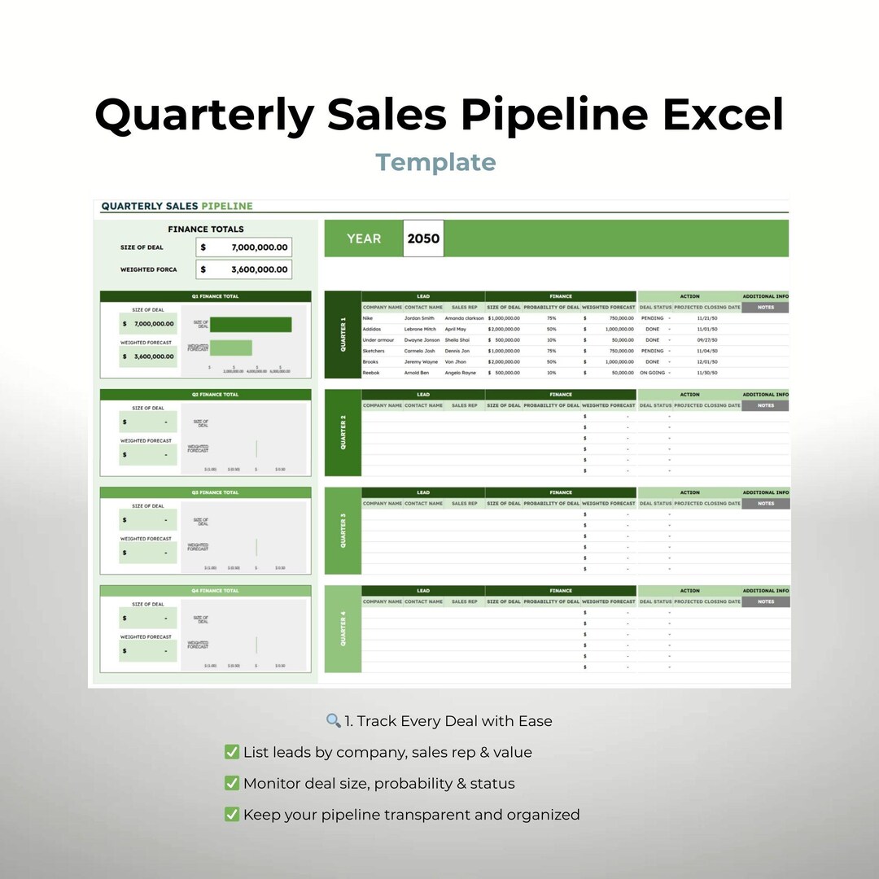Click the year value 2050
[423, 238]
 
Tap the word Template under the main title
[435, 162]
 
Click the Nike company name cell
[368, 318]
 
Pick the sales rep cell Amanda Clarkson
[464, 318]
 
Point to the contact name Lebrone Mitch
[420, 329]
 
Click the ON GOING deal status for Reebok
[652, 373]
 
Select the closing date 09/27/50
[706, 340]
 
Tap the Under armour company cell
[378, 340]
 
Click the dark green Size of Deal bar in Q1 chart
[251, 324]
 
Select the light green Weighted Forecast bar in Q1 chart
[231, 348]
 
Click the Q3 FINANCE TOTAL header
[215, 492]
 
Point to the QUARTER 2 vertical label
[343, 432]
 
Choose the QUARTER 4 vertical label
[343, 629]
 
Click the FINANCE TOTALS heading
[206, 230]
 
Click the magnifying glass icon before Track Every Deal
[333, 721]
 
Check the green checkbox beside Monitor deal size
[231, 784]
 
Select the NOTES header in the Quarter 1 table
[765, 308]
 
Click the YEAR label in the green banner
[363, 238]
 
